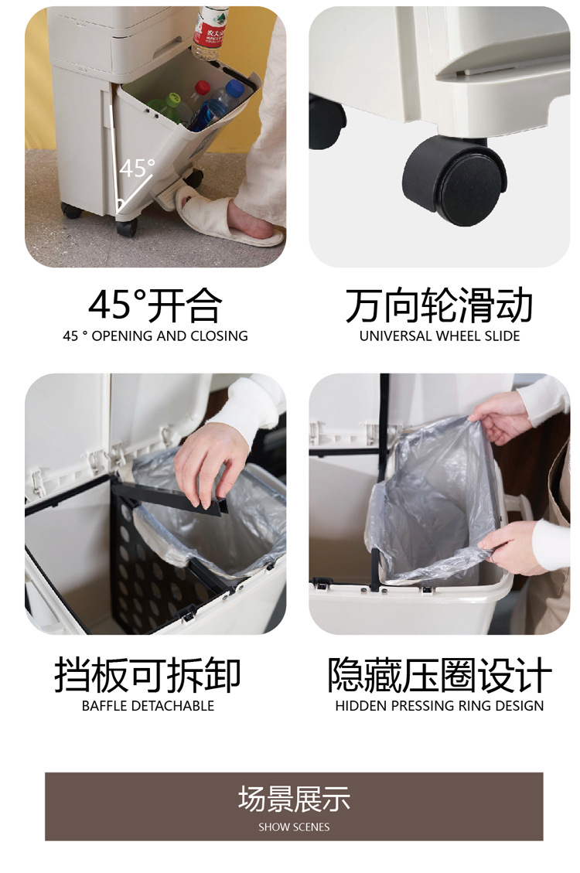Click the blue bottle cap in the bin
point(235,87)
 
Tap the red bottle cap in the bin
point(202,87)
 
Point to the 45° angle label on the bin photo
point(137,168)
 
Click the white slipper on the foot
point(223,217)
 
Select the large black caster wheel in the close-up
point(454,181)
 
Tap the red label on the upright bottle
point(210,32)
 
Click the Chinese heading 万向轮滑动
point(439,305)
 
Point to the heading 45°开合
point(155,305)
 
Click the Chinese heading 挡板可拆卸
point(148,675)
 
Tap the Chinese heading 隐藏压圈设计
point(440,675)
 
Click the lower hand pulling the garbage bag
point(510,548)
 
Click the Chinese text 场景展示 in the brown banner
point(294,799)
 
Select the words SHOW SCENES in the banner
point(294,827)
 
